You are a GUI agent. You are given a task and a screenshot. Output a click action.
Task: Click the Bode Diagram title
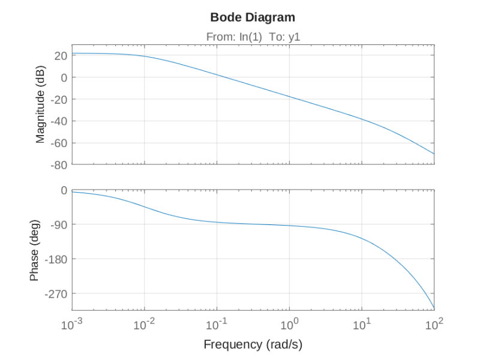point(253,17)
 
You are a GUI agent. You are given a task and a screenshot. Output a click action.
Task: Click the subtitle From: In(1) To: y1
point(253,37)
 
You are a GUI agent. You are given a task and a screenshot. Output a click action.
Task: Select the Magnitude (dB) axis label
point(41,104)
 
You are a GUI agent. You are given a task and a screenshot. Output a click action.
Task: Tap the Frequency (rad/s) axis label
point(253,344)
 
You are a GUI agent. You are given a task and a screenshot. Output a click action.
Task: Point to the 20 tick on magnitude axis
point(60,55)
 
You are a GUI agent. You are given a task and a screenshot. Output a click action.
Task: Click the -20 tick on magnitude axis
point(58,99)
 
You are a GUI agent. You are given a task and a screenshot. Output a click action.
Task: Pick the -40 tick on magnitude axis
point(58,121)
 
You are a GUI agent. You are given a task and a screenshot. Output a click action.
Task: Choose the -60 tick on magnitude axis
point(58,143)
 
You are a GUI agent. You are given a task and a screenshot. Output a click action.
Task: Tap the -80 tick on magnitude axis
point(58,164)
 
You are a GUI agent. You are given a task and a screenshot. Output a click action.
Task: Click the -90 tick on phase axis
point(58,224)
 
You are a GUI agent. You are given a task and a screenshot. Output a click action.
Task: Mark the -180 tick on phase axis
point(56,259)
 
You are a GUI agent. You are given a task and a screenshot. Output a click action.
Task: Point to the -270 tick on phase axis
point(56,293)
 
